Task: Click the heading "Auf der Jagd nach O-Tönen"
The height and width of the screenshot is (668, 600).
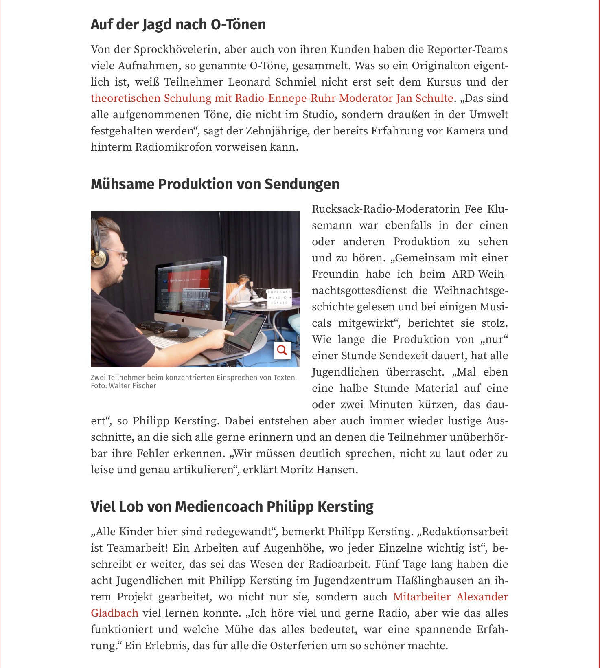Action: point(178,24)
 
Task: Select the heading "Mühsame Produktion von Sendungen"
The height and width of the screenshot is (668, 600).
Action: point(215,184)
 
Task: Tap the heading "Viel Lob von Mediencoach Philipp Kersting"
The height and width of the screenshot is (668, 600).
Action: point(232,507)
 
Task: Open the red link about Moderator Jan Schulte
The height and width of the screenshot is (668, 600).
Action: point(272,98)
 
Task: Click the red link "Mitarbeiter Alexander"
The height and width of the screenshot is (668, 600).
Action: point(450,597)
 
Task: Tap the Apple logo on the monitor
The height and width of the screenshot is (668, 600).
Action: point(184,319)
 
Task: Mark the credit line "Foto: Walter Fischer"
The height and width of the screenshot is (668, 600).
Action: point(123,386)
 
